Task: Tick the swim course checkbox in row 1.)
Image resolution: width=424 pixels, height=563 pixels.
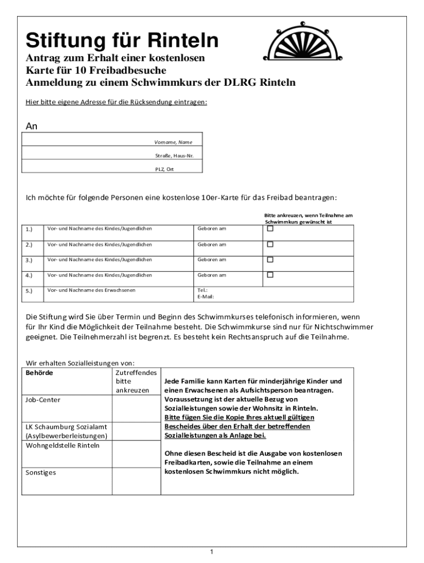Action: [270, 229]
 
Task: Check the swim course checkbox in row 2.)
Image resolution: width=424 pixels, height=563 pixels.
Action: [270, 244]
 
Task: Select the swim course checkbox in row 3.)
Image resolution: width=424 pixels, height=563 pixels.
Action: [270, 260]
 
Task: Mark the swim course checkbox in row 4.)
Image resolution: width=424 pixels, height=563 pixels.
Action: [270, 275]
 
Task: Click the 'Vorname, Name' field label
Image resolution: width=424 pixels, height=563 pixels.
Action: [173, 142]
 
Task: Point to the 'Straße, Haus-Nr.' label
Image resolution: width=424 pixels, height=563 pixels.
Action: [173, 156]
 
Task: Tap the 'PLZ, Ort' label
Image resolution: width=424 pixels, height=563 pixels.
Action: [164, 169]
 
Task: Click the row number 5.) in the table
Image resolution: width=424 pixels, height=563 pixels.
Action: [29, 291]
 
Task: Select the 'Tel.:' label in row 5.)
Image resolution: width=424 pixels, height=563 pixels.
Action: [202, 290]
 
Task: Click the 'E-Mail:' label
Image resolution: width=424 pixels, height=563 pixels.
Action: [205, 297]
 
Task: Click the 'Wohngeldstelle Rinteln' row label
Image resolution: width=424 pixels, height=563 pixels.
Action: [63, 445]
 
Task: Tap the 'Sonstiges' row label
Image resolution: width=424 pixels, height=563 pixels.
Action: [41, 472]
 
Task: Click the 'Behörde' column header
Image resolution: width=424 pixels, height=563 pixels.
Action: [40, 372]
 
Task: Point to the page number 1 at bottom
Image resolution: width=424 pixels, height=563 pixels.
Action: [212, 552]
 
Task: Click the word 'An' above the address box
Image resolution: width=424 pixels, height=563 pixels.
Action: [32, 126]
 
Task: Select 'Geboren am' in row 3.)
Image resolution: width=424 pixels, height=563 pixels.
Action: [212, 260]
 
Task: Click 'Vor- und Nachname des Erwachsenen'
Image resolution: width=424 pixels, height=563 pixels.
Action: [91, 290]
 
